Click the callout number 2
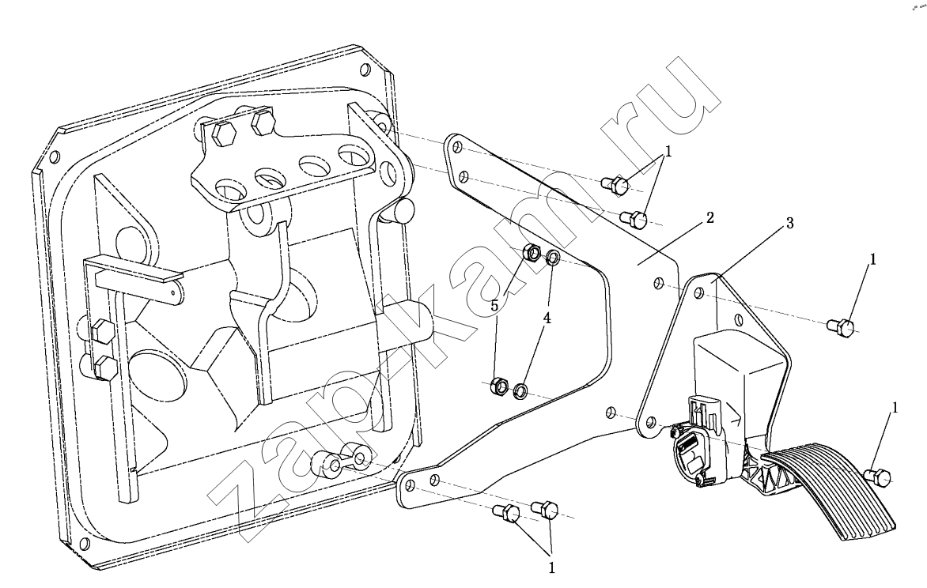tap(709, 217)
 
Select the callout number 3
tap(789, 224)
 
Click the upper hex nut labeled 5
tap(532, 254)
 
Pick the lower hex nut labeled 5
tap(500, 386)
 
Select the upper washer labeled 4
tap(553, 257)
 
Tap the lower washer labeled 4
tap(521, 390)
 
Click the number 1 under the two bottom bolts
tap(551, 567)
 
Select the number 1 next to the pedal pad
tap(895, 408)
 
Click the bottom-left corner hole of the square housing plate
tap(84, 543)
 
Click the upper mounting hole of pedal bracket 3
tap(698, 295)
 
